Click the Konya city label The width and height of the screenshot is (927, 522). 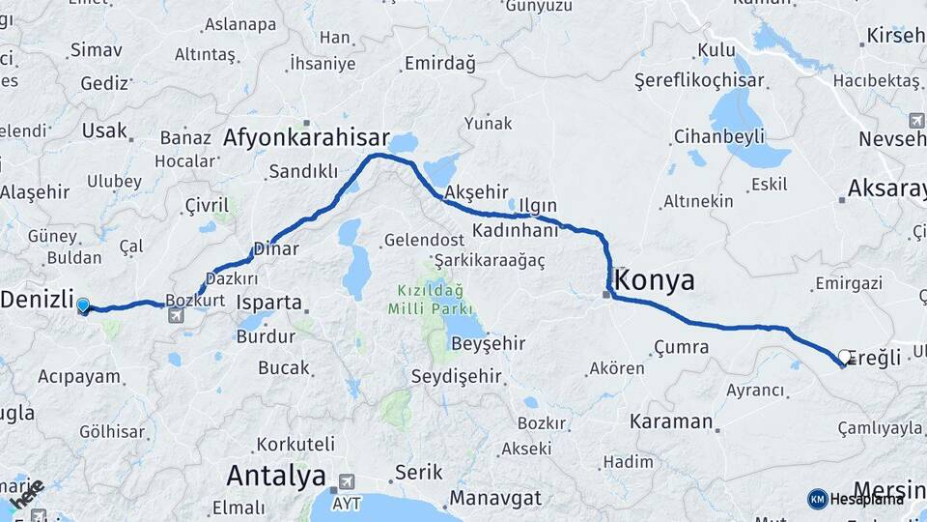(655, 281)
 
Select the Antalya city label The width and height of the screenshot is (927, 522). (275, 476)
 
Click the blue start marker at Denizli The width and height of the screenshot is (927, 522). (83, 306)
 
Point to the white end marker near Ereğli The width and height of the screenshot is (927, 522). (845, 358)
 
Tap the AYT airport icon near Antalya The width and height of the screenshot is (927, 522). (345, 480)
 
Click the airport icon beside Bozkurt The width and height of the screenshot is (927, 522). (176, 315)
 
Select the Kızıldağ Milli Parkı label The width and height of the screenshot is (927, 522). (430, 299)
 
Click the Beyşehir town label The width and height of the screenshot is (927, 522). (488, 343)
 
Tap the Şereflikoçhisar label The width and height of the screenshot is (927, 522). (699, 81)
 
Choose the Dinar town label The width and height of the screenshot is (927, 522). (275, 249)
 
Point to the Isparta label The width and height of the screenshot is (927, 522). (269, 302)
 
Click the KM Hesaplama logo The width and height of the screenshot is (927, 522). (855, 499)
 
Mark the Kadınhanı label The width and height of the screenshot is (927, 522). (516, 231)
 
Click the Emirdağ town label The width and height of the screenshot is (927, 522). (440, 64)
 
